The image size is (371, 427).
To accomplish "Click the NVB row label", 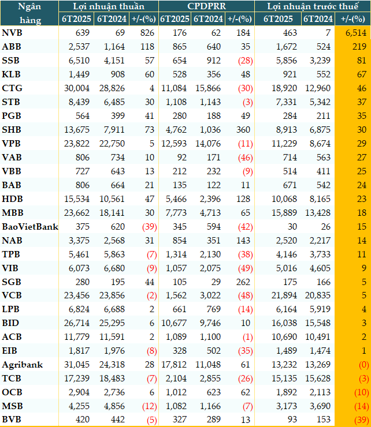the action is (12, 33).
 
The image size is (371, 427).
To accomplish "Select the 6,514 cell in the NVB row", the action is (356, 33).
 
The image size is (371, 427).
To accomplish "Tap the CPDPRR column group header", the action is (206, 6).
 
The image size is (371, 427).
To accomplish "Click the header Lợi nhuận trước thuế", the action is (313, 6).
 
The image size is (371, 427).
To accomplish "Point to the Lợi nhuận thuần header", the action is (109, 6).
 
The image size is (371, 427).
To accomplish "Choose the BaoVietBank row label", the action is (30, 227).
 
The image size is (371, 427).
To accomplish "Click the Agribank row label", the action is (23, 365).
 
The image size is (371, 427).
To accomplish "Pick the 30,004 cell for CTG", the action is (77, 88).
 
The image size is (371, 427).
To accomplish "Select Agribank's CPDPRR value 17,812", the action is (174, 364).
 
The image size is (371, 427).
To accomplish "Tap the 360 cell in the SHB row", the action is (243, 130).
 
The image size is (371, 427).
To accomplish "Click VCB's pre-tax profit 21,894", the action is (284, 295).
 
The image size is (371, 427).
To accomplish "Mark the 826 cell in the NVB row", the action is (147, 33).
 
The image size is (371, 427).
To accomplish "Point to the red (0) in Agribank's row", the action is (364, 365).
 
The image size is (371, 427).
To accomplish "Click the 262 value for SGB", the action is (243, 282).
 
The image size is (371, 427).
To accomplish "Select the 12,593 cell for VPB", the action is (174, 144).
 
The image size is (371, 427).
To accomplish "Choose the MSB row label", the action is (12, 406).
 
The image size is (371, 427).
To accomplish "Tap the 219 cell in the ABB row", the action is (359, 47).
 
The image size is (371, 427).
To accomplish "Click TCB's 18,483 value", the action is (112, 379).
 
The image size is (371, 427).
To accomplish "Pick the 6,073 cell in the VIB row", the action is (79, 268).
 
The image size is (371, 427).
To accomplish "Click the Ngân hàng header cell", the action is (29, 13).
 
